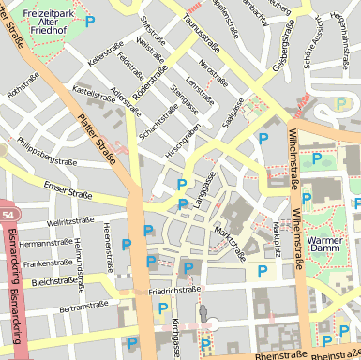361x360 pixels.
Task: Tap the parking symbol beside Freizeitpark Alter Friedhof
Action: tap(90, 21)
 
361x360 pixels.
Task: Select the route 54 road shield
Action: tap(7, 217)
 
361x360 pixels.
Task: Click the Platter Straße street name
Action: tap(97, 136)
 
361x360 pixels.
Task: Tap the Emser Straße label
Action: tap(68, 192)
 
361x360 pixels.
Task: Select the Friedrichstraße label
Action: tap(175, 291)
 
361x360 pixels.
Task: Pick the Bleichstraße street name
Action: tap(53, 280)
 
